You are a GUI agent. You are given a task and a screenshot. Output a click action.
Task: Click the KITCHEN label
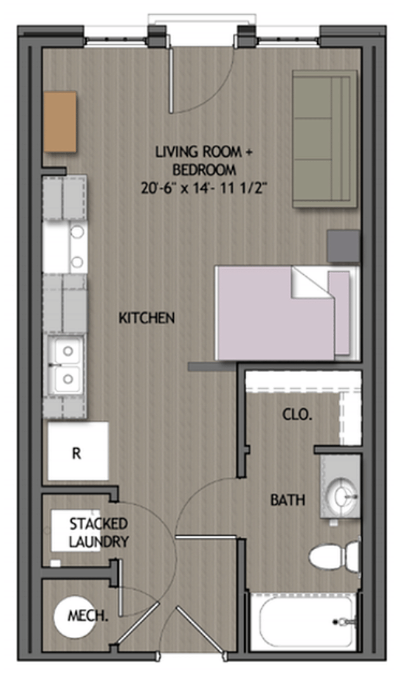(147, 317)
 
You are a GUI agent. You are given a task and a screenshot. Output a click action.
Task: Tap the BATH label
(287, 500)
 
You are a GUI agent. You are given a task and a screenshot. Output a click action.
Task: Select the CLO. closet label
(297, 415)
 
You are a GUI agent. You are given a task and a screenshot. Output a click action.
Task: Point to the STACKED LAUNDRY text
(98, 533)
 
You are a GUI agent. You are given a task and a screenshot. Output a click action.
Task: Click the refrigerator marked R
(78, 451)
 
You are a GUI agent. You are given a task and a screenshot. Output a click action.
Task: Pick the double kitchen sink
(66, 365)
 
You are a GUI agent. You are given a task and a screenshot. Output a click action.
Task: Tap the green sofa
(325, 139)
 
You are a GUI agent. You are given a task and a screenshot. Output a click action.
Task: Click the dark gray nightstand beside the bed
(343, 246)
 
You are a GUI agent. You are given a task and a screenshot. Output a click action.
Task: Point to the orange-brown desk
(60, 121)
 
